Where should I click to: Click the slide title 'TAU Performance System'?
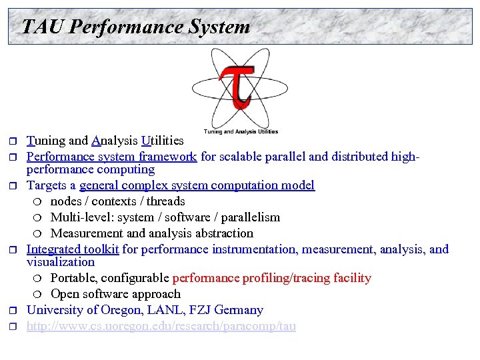click(x=135, y=27)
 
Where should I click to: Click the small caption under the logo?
click(x=241, y=131)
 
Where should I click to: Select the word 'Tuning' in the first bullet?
click(x=47, y=141)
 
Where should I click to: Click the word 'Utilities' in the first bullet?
click(x=162, y=141)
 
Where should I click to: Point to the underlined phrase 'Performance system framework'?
click(x=111, y=157)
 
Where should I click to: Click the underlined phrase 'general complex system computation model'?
click(x=197, y=185)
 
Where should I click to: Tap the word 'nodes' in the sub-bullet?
click(x=67, y=201)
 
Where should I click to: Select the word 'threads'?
click(x=165, y=201)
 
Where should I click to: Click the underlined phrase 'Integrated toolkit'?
click(x=73, y=249)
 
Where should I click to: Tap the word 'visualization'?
click(x=61, y=262)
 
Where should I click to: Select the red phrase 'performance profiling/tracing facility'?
click(x=271, y=278)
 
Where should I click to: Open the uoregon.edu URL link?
click(x=161, y=326)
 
